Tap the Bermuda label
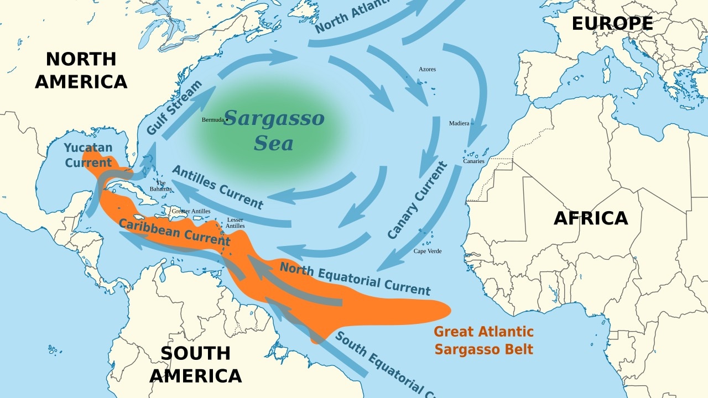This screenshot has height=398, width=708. [213, 119]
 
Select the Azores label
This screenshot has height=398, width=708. [427, 69]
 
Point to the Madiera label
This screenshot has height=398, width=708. [459, 123]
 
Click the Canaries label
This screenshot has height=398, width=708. [473, 161]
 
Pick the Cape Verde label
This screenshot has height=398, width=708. [428, 251]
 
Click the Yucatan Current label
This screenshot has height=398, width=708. [88, 155]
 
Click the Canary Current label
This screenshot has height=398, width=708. [417, 200]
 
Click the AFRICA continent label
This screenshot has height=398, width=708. [591, 218]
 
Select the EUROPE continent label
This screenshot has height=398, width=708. [612, 24]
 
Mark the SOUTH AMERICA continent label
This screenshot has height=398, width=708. [195, 364]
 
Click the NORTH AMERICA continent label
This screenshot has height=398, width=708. [81, 70]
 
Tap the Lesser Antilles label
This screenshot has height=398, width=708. [235, 223]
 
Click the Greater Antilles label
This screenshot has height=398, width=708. [191, 211]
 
